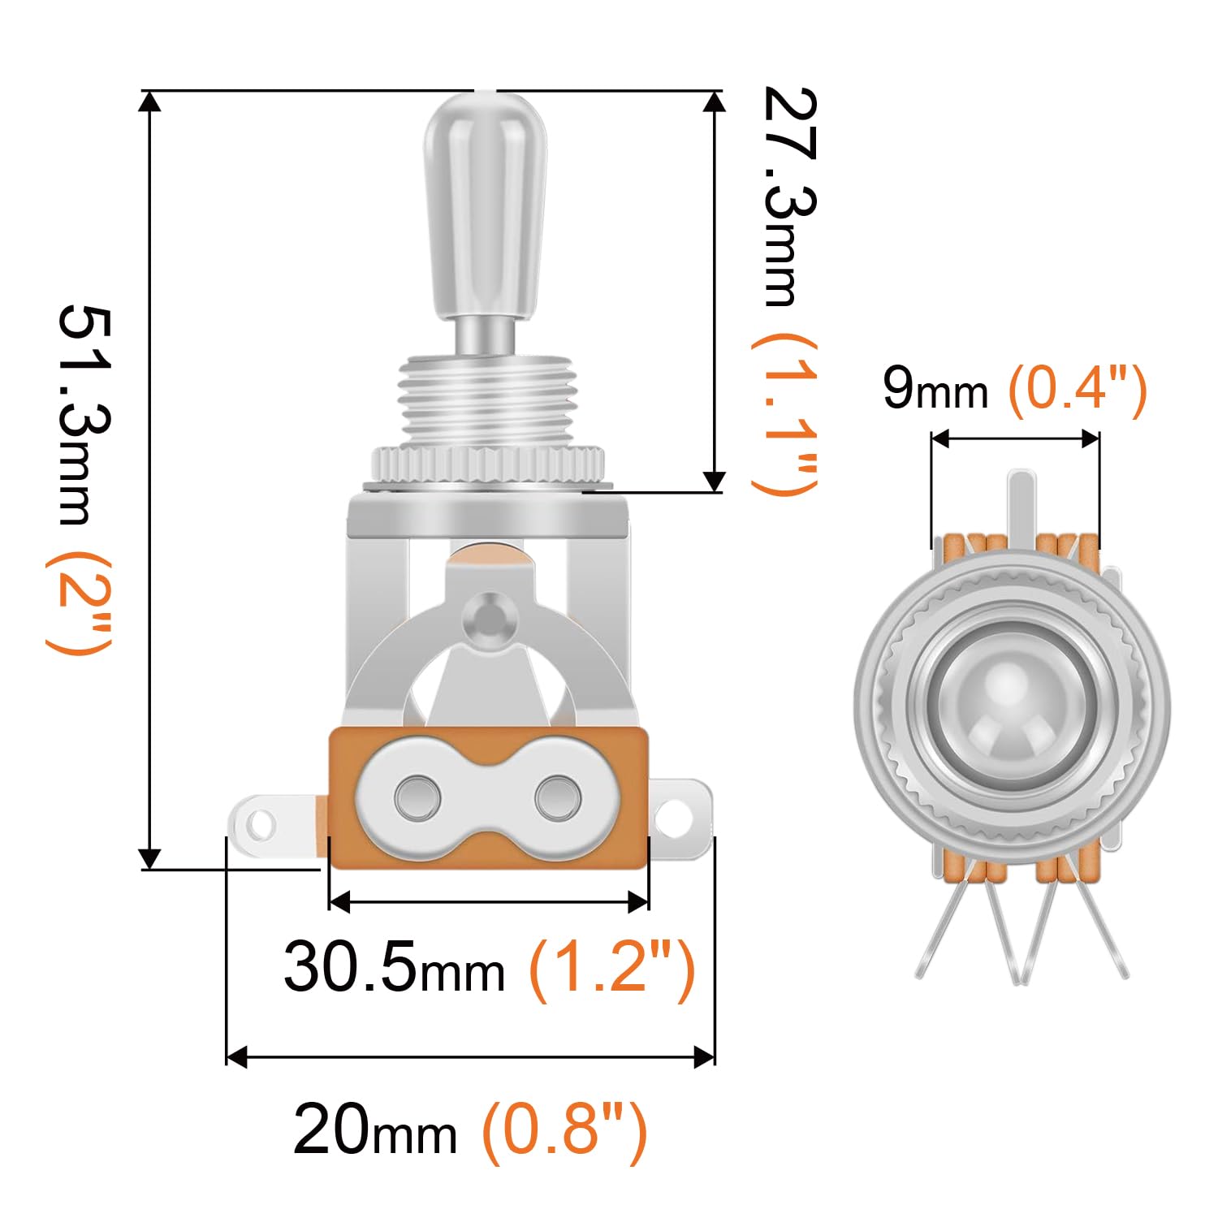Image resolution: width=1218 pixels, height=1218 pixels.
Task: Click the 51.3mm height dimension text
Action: pos(85,415)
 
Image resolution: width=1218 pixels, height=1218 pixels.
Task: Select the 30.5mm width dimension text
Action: pos(394,966)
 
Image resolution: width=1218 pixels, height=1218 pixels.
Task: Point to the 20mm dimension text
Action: pos(374,1129)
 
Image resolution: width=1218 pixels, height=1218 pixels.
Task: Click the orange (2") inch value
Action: pos(79,602)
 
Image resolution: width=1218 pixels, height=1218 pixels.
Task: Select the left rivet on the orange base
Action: pos(418,797)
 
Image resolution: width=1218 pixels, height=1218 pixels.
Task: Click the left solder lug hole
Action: pos(260,826)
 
